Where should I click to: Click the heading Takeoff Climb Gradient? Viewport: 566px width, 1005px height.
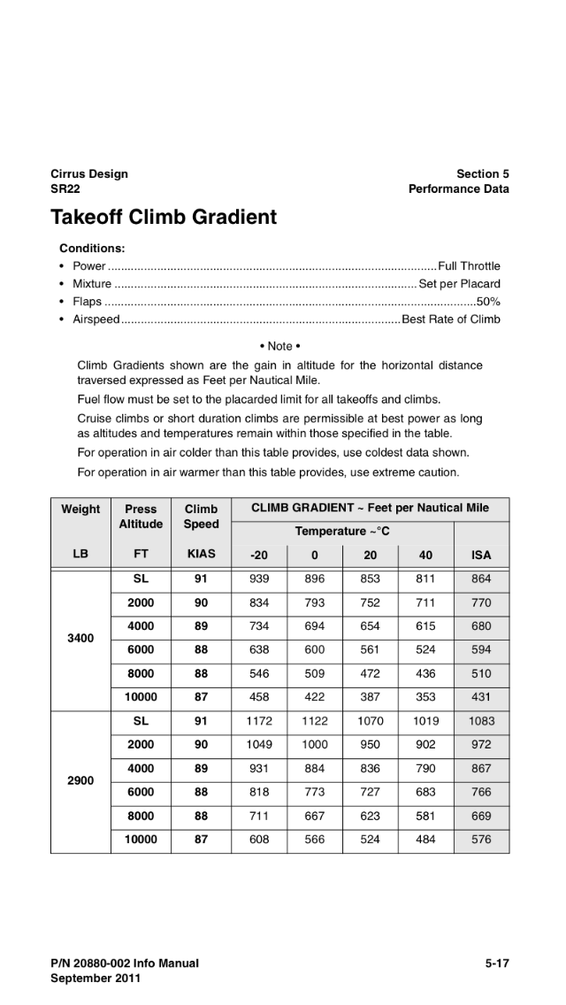pyautogui.click(x=164, y=218)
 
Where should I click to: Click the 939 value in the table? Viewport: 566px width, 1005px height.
pyautogui.click(x=259, y=579)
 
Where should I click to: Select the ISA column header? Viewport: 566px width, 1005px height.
pyautogui.click(x=481, y=556)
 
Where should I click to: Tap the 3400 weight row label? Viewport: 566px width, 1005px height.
pyautogui.click(x=80, y=637)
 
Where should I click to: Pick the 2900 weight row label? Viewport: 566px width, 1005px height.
pyautogui.click(x=80, y=780)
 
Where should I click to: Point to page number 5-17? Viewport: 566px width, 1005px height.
pyautogui.click(x=496, y=963)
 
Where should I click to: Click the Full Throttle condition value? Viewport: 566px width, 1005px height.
pyautogui.click(x=469, y=266)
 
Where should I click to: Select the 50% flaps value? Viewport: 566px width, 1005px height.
pyautogui.click(x=488, y=302)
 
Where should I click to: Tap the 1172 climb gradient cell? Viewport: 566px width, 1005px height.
pyautogui.click(x=259, y=721)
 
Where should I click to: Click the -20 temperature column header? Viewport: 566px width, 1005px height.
pyautogui.click(x=259, y=556)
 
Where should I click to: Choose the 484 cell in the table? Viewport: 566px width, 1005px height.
pyautogui.click(x=425, y=840)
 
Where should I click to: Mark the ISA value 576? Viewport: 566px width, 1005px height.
pyautogui.click(x=481, y=840)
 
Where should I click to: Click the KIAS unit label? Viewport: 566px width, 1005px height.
pyautogui.click(x=201, y=556)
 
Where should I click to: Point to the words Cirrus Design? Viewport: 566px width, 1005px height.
pyautogui.click(x=89, y=174)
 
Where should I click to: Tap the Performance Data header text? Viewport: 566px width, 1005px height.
pyautogui.click(x=458, y=189)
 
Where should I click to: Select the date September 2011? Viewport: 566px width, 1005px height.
pyautogui.click(x=96, y=978)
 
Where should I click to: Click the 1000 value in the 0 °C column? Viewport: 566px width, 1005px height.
pyautogui.click(x=315, y=745)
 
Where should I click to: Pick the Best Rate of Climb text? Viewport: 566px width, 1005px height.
pyautogui.click(x=451, y=319)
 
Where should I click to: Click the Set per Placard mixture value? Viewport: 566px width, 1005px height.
pyautogui.click(x=459, y=284)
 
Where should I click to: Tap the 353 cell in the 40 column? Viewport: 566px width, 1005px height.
pyautogui.click(x=425, y=696)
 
